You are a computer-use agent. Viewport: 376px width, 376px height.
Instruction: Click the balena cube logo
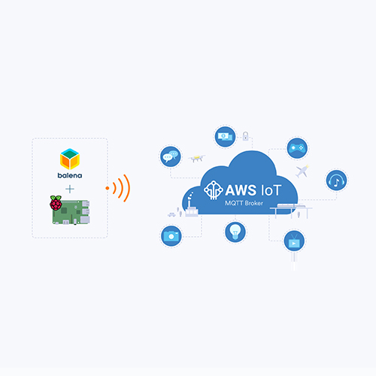tap(70, 159)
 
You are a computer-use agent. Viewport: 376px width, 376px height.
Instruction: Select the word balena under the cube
tap(70, 175)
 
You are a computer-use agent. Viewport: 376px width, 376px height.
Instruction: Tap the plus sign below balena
tap(70, 189)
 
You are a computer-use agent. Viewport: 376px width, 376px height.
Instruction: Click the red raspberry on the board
tap(56, 203)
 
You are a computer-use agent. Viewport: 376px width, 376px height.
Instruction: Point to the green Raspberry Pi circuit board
tap(71, 212)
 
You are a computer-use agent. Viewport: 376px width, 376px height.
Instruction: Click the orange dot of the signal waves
tap(108, 188)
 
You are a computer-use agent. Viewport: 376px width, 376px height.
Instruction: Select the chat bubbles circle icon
tap(171, 156)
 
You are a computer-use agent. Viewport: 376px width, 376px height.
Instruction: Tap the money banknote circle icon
tap(225, 137)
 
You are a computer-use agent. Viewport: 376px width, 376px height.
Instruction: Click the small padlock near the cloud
tap(245, 136)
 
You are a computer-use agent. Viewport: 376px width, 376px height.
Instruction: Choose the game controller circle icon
tap(297, 148)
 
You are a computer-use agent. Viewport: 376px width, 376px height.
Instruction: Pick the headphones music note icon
tap(336, 180)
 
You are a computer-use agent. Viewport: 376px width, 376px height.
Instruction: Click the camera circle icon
tap(171, 236)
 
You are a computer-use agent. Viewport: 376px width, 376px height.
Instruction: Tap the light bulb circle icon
tap(235, 232)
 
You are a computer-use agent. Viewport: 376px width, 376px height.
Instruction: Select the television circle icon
tap(294, 241)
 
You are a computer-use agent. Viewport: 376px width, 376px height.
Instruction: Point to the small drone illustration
tap(197, 158)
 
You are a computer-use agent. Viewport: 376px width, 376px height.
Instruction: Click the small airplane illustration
tap(302, 171)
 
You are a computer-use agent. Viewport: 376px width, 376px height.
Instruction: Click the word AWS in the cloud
tap(241, 190)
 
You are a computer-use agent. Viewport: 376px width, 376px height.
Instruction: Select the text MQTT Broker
tap(244, 203)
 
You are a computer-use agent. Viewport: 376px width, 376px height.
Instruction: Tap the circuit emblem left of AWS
tap(214, 190)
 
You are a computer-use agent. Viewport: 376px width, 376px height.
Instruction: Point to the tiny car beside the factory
tap(171, 214)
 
